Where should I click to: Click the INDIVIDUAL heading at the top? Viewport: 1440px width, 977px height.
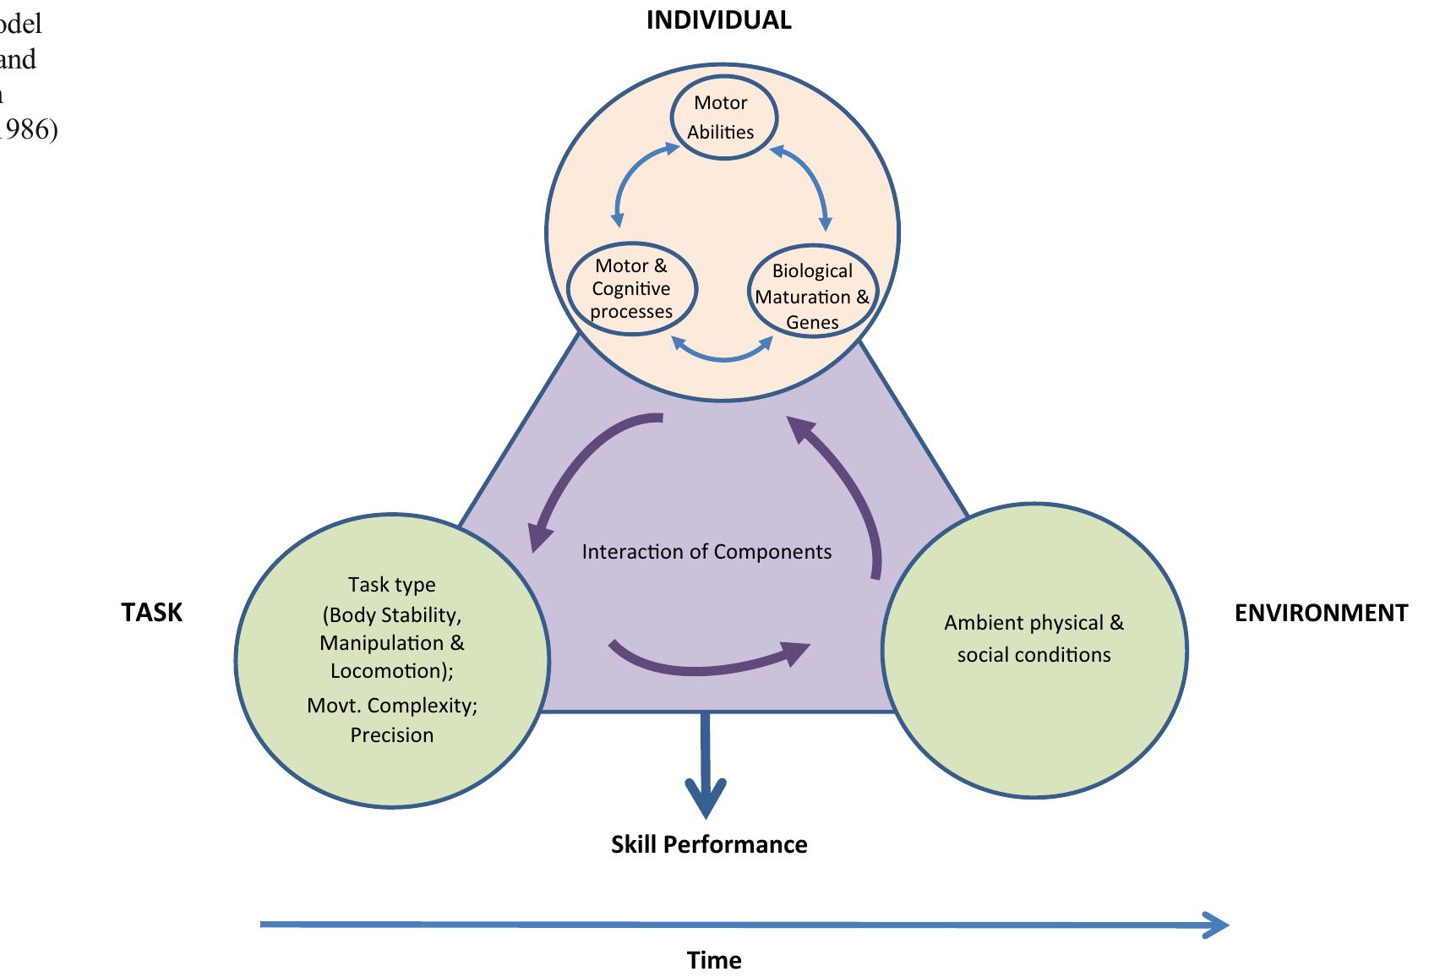pos(718,20)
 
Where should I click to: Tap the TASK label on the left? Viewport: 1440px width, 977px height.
pos(151,613)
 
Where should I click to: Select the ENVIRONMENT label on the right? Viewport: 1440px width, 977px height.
pos(1321,613)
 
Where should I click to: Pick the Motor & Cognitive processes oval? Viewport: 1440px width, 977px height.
pos(631,288)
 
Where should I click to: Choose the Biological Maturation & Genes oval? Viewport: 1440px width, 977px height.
pos(812,297)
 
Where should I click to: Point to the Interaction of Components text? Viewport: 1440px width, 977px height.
pos(706,552)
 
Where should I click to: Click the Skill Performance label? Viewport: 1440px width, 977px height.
pos(709,844)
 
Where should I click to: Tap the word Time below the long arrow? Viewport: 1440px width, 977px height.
pos(714,960)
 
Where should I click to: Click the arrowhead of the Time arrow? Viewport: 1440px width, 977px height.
pos(1217,925)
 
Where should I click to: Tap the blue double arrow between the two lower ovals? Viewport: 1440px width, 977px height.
pos(723,353)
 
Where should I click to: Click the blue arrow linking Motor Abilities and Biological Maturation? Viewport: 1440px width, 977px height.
pos(810,186)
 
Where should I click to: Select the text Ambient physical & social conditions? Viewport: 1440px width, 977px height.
pos(1034,638)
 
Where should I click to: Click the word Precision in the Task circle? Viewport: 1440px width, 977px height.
pos(392,734)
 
